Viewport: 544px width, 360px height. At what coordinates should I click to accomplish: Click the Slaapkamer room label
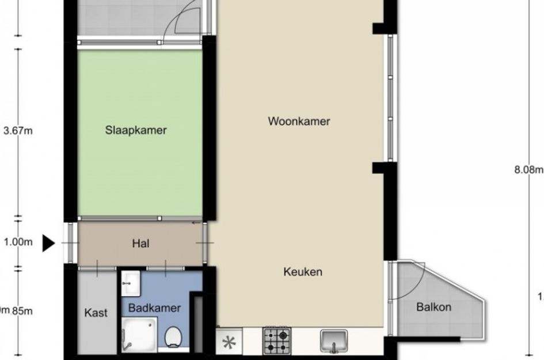pos(136,130)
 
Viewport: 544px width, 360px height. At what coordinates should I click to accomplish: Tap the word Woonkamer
pos(299,121)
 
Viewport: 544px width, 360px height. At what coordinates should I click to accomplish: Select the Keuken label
pos(302,272)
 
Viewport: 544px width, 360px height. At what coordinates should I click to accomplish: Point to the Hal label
pos(140,244)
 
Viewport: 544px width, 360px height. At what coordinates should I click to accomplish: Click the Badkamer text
pos(154,308)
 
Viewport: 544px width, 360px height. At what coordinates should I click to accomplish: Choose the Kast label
pos(96,313)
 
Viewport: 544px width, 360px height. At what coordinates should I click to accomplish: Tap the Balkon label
pos(433,307)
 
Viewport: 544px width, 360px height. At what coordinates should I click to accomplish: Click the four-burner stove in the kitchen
pos(277,340)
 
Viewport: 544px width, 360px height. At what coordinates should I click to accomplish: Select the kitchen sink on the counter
pos(334,341)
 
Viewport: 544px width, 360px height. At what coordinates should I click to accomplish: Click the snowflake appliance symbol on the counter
pos(230,342)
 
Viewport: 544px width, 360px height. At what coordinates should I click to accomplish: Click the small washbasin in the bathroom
pos(131,281)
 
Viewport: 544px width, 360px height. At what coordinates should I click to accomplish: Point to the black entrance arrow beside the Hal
pos(49,244)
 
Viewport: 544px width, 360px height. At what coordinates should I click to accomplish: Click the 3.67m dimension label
pos(18,131)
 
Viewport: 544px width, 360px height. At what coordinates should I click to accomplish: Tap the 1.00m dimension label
pos(18,242)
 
